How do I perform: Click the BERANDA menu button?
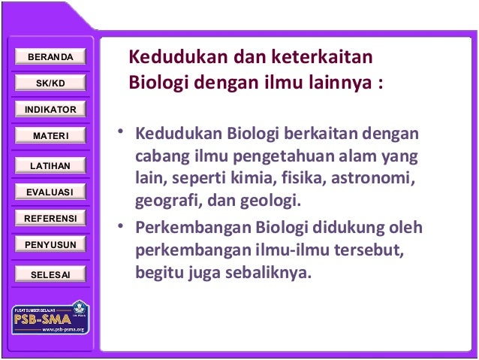point(50,57)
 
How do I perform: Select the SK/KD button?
point(50,83)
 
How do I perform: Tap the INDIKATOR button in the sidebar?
point(50,110)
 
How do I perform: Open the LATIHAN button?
point(50,165)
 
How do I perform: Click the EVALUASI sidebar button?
point(50,192)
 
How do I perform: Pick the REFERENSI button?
point(50,219)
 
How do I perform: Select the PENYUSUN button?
point(50,245)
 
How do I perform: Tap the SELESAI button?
point(50,274)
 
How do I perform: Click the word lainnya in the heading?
point(336,80)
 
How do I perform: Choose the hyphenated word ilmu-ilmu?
point(285,250)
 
